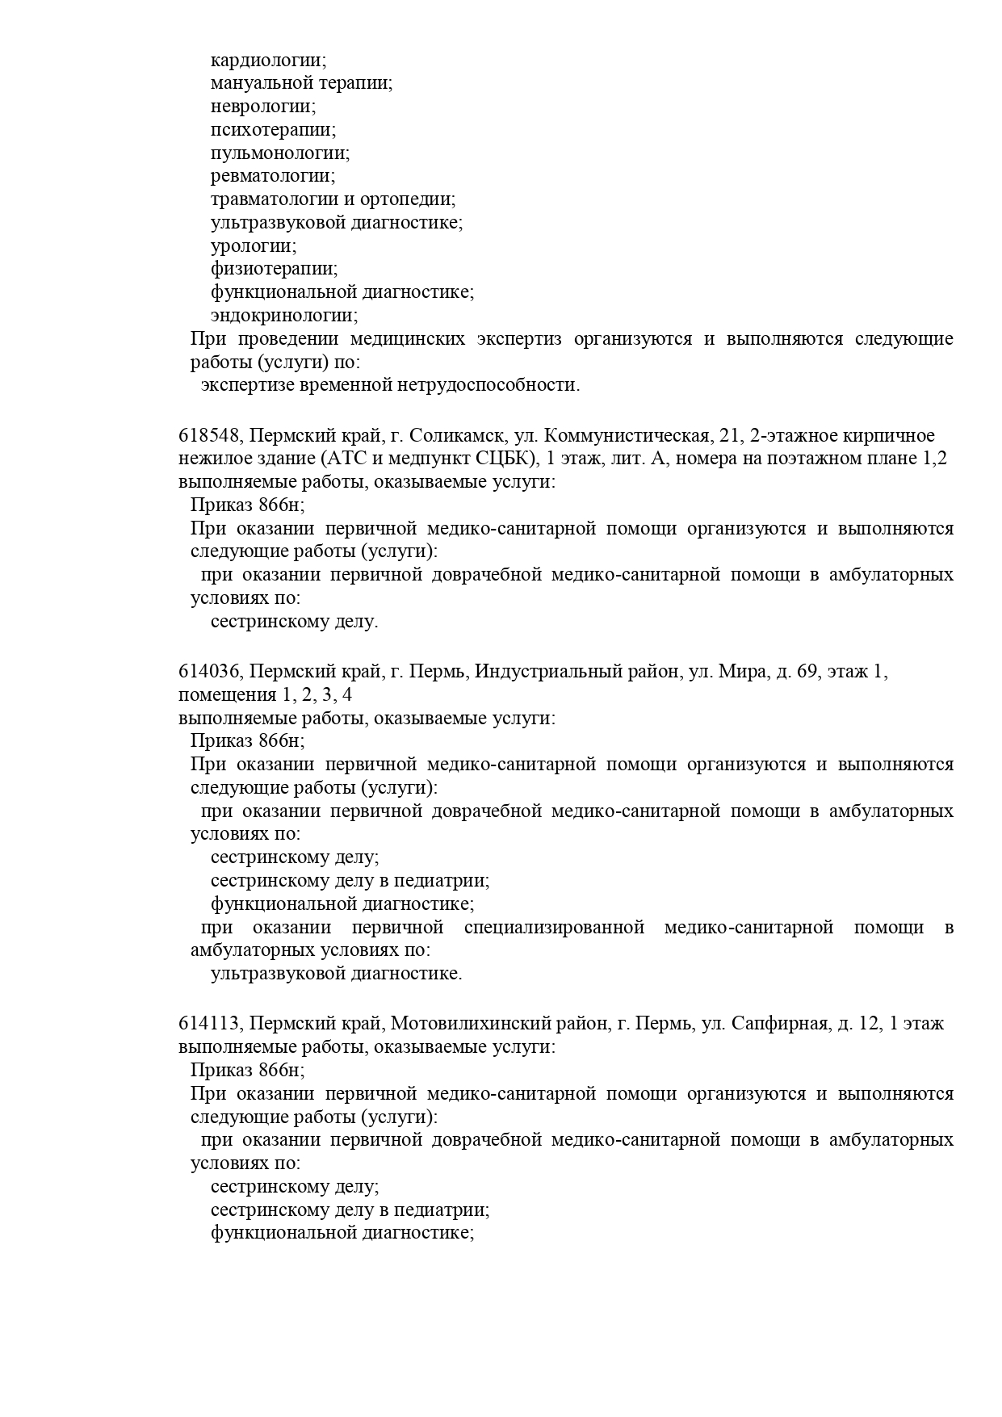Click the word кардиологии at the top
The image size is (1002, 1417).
(267, 61)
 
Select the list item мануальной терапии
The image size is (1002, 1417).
(300, 83)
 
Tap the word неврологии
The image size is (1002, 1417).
(262, 107)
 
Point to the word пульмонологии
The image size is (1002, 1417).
(279, 153)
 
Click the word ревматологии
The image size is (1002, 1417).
(272, 176)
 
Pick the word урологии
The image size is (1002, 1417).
(253, 245)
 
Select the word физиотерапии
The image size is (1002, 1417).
(273, 269)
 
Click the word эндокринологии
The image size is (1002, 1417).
(283, 316)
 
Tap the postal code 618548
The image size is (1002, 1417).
(210, 436)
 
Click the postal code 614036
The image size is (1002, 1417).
(210, 672)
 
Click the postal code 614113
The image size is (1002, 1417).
(210, 1024)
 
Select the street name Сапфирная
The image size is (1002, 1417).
(779, 1024)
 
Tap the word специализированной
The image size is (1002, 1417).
(554, 927)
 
